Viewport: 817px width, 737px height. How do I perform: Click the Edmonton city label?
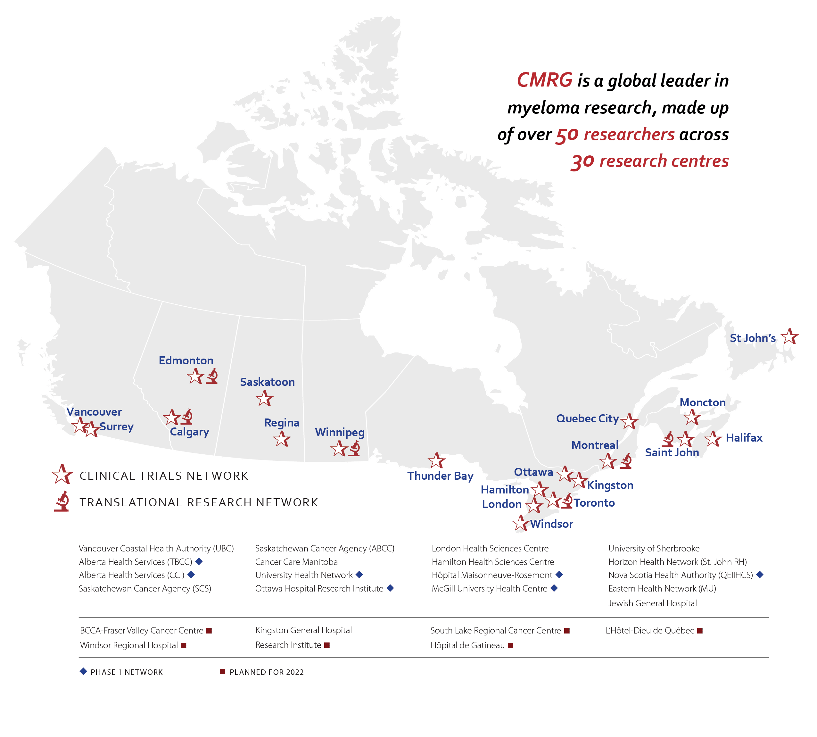pyautogui.click(x=186, y=360)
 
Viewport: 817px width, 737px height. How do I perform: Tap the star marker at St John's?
pyautogui.click(x=789, y=337)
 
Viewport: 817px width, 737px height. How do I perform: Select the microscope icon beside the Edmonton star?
pyautogui.click(x=212, y=376)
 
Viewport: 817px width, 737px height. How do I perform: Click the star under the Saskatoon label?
pyautogui.click(x=264, y=399)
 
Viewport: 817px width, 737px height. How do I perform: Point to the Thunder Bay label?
pyautogui.click(x=440, y=476)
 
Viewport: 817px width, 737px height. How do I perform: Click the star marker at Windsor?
pyautogui.click(x=521, y=524)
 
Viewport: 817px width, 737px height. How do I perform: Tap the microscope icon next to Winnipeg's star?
pyautogui.click(x=354, y=448)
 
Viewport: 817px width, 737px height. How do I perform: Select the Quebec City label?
pyautogui.click(x=587, y=418)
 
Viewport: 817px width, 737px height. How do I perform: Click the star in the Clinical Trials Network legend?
pyautogui.click(x=62, y=475)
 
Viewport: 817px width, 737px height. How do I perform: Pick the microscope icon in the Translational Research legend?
pyautogui.click(x=62, y=501)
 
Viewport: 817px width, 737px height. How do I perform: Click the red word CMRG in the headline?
pyautogui.click(x=545, y=80)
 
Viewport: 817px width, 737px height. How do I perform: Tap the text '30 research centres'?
pyautogui.click(x=650, y=161)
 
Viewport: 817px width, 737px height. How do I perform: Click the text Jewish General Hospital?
pyautogui.click(x=652, y=603)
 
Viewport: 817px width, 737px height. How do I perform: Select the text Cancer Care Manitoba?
pyautogui.click(x=296, y=562)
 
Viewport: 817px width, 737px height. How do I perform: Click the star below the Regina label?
pyautogui.click(x=282, y=439)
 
